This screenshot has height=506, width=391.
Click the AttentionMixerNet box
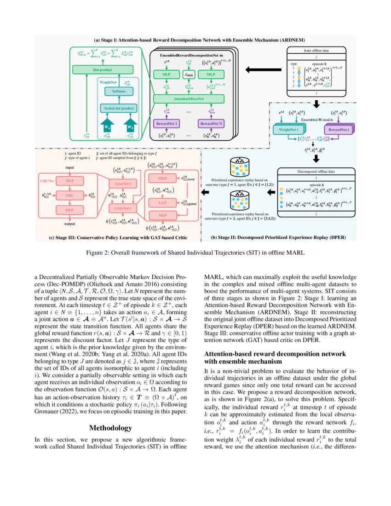tap(189, 99)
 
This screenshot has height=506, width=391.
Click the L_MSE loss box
tap(189, 75)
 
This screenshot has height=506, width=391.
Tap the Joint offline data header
tap(316, 51)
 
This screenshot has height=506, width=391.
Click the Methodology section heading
tap(110, 428)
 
